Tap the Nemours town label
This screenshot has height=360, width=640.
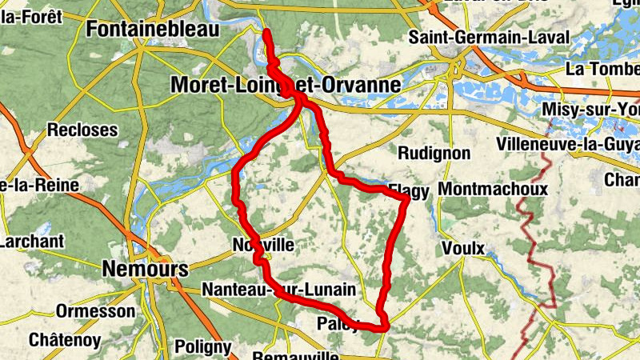(145, 269)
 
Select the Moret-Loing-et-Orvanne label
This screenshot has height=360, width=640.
(285, 84)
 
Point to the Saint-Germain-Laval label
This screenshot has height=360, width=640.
(489, 38)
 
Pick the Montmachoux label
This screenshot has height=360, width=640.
(494, 190)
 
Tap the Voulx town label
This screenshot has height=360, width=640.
(463, 249)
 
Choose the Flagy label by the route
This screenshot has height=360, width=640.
(410, 190)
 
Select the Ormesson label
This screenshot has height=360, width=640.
(96, 310)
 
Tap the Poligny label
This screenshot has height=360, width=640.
(202, 347)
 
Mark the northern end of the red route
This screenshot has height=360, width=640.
(266, 32)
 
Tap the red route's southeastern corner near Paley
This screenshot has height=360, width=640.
(385, 326)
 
